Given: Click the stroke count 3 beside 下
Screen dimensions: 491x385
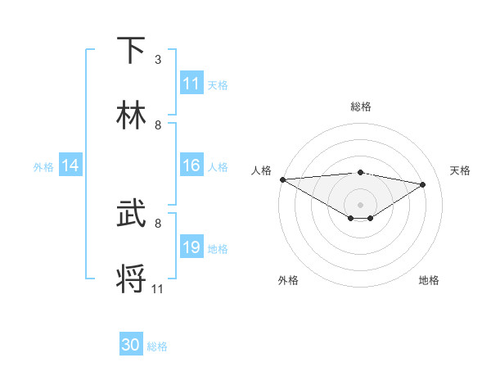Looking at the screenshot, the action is pyautogui.click(x=158, y=60).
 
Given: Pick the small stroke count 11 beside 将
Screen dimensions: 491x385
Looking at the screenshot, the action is pyautogui.click(x=158, y=288).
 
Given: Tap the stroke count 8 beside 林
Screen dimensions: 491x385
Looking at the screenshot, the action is pyautogui.click(x=158, y=125).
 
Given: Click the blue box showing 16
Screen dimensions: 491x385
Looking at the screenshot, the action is pyautogui.click(x=191, y=165).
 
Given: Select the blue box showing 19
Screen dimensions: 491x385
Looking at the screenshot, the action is pyautogui.click(x=191, y=247).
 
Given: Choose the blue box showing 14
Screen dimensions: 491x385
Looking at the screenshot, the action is pyautogui.click(x=70, y=165).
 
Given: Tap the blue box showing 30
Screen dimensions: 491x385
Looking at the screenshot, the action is pyautogui.click(x=131, y=345).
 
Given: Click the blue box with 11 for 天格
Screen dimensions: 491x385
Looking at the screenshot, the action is pyautogui.click(x=191, y=84).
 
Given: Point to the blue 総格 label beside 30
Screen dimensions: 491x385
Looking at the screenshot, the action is pyautogui.click(x=157, y=346).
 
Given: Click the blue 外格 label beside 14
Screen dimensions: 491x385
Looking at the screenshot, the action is pyautogui.click(x=43, y=166).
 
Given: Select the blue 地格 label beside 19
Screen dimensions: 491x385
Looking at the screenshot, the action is pyautogui.click(x=218, y=248).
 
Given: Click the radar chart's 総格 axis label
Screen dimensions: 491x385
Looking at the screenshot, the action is pyautogui.click(x=360, y=106).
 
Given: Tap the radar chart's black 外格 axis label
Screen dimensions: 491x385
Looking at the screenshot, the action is pyautogui.click(x=288, y=280).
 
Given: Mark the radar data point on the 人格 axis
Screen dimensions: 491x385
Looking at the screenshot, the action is pyautogui.click(x=282, y=179).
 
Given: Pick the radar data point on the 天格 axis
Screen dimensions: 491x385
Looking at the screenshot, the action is pyautogui.click(x=423, y=184).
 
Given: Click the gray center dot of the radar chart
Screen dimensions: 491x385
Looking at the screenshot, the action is pyautogui.click(x=360, y=204).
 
